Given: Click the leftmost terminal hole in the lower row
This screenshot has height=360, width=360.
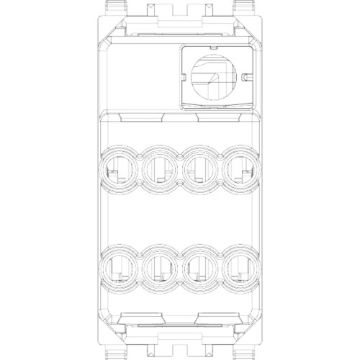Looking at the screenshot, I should coord(117,270).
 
